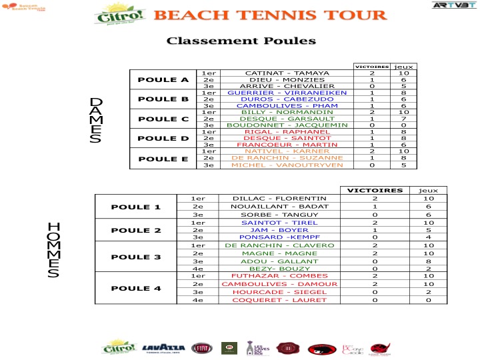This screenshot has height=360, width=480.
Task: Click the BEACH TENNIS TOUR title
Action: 271,15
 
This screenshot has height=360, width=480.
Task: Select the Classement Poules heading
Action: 241,41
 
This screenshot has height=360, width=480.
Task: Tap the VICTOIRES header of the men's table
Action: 375,190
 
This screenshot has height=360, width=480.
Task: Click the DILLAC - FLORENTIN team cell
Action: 279,198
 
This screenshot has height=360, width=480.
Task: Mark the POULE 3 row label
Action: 135,257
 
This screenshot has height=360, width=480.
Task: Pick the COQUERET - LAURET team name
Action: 279,300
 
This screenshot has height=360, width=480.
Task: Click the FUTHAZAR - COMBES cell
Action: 279,275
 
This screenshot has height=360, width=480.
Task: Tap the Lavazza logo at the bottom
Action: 164,347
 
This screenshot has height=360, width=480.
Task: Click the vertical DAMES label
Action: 96,120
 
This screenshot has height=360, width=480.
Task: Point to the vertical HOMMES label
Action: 54,249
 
